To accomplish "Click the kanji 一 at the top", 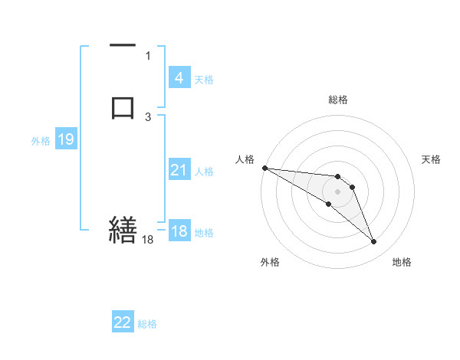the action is tap(123, 47).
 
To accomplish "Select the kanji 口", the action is tap(123, 106).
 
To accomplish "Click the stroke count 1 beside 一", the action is tap(148, 55).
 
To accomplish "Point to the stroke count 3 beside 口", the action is tap(148, 116).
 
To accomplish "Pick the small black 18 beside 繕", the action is tap(147, 240).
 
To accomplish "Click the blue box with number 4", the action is tap(179, 78).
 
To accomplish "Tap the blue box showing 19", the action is tap(65, 140).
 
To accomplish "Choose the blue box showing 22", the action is tap(123, 323).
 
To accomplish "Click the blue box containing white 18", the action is tap(179, 232).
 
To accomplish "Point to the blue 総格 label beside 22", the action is tap(147, 324).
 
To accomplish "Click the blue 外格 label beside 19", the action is tap(40, 141).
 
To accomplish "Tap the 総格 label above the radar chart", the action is tap(338, 100).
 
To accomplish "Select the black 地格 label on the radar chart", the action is tap(402, 263).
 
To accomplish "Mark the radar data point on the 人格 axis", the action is tap(264, 168).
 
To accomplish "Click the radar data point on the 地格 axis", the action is tap(374, 242).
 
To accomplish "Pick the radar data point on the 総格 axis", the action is tap(338, 175).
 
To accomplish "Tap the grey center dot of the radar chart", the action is tap(338, 191).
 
